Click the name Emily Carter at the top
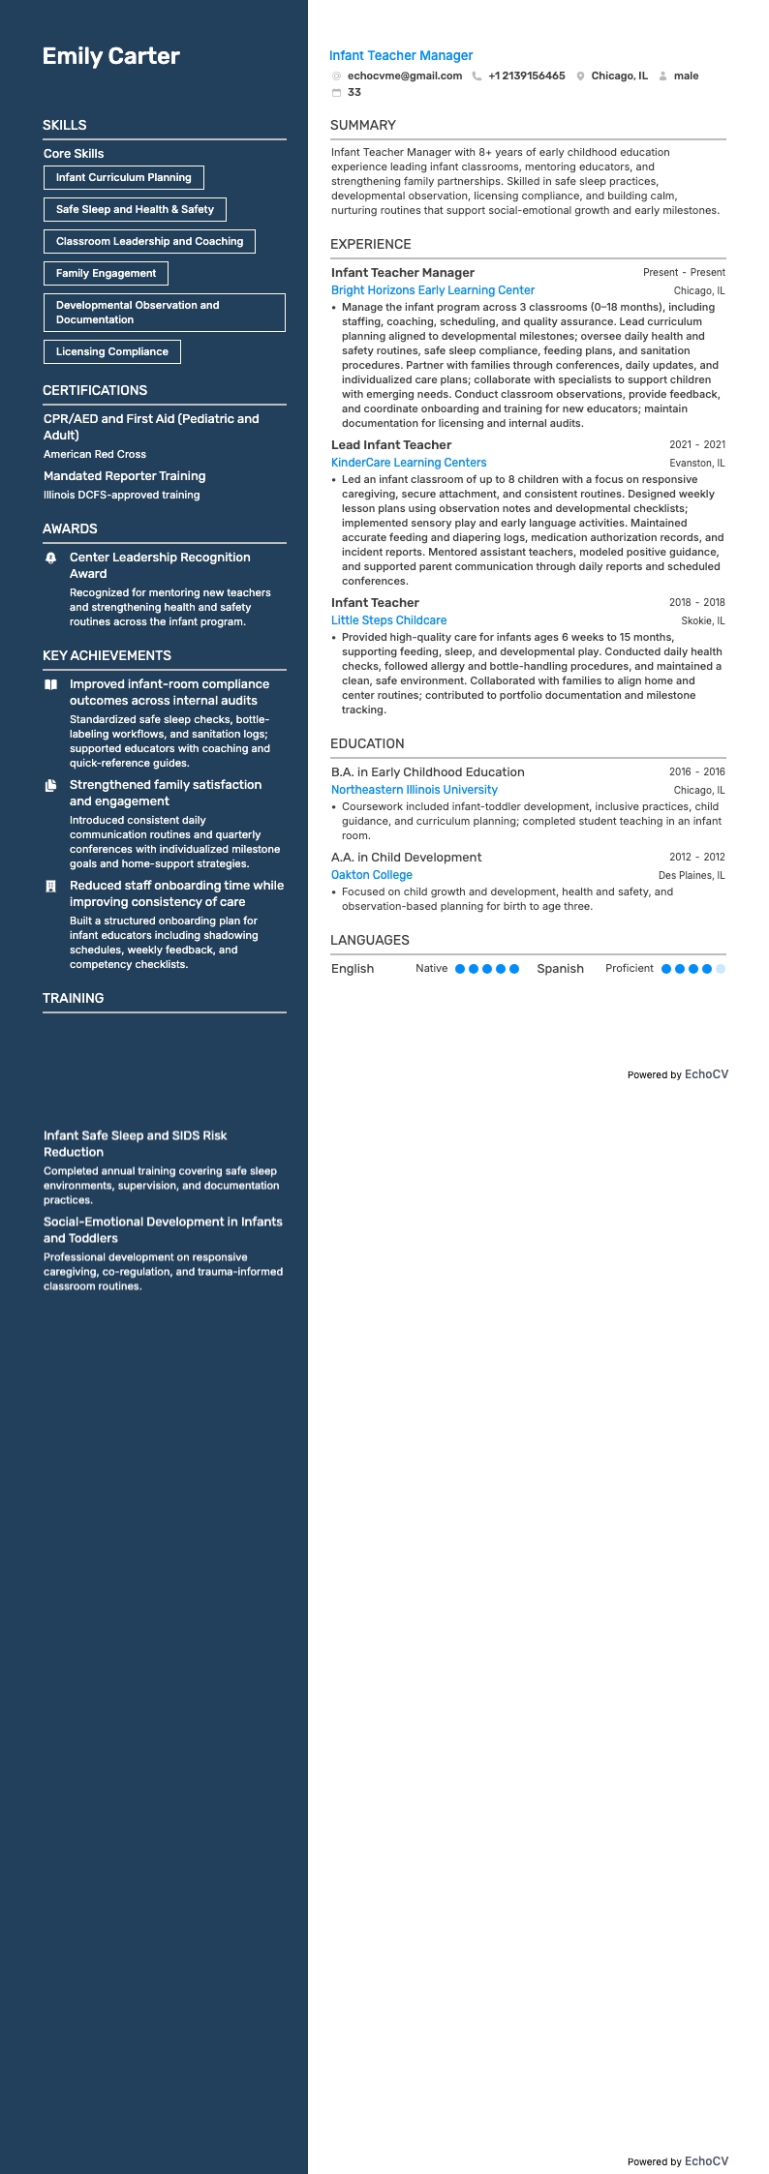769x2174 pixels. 110,56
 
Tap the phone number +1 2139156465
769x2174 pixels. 526,75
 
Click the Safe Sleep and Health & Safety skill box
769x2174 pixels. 135,209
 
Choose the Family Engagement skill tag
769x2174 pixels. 106,273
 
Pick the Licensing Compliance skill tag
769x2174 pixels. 111,351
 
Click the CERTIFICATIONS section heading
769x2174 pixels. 95,390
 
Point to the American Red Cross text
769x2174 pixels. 95,454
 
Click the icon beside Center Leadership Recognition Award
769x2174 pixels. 51,559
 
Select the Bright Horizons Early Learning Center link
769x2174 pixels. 433,290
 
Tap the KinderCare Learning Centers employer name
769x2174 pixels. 409,463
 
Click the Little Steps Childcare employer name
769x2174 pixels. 388,620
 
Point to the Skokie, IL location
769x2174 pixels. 702,620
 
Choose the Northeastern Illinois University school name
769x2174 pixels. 415,790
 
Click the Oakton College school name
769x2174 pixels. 372,875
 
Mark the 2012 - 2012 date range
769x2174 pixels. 696,857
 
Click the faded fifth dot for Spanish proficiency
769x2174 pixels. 721,969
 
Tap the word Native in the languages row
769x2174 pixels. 431,968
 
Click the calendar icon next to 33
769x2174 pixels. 336,93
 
